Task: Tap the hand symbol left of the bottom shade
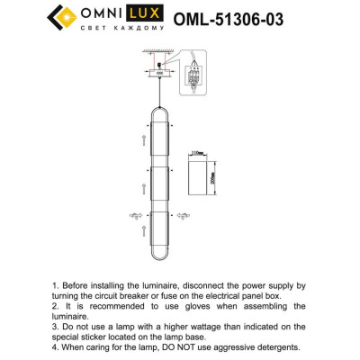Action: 136,215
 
